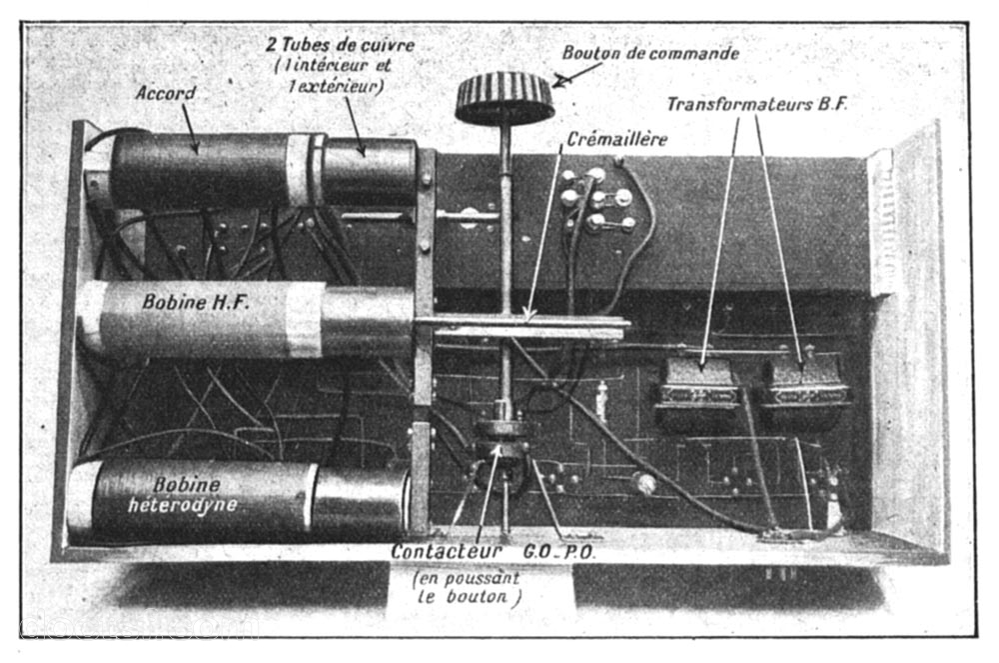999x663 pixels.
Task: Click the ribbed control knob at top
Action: (503, 98)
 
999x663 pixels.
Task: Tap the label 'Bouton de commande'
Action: (650, 53)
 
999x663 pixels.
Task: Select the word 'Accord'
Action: (166, 93)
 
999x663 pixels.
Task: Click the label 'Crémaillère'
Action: (616, 139)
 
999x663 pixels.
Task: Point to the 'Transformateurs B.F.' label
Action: (757, 104)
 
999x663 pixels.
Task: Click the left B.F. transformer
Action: (697, 393)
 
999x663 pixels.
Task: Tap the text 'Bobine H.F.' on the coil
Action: (195, 302)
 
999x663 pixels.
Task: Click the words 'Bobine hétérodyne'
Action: (184, 495)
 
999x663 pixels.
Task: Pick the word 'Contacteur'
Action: (447, 551)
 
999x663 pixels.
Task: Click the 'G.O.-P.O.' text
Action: (559, 552)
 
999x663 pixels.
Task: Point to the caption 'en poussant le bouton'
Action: (467, 588)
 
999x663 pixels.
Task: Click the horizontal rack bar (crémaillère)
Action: (521, 326)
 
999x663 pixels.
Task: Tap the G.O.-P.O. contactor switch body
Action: (502, 446)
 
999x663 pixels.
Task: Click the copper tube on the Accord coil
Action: (370, 171)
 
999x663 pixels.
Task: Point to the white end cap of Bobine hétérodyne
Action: (82, 495)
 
